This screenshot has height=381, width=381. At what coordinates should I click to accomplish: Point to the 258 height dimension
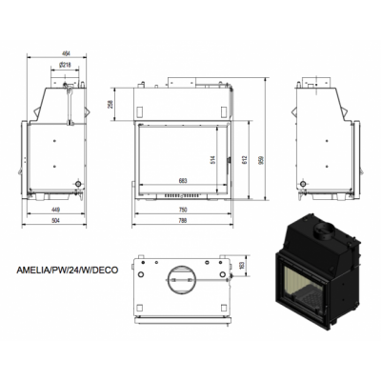click(112, 104)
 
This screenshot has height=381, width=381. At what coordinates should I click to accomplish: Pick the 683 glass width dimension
click(184, 181)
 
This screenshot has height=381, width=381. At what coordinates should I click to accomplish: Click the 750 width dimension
click(184, 208)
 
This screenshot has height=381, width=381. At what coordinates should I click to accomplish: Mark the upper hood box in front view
click(184, 100)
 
